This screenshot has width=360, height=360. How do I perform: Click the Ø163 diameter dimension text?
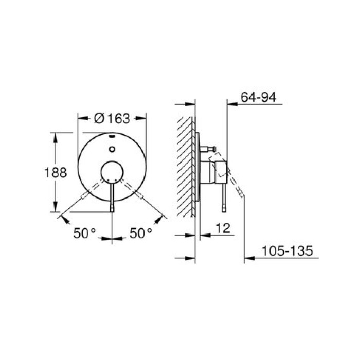click(112, 118)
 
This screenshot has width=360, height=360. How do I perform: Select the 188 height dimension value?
click(56, 173)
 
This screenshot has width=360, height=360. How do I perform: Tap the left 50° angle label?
click(84, 233)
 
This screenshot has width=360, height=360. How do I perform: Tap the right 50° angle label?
click(140, 233)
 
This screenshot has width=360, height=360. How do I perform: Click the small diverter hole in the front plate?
click(112, 149)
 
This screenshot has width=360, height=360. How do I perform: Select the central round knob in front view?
click(112, 172)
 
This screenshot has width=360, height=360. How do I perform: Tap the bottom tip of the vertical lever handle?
click(112, 208)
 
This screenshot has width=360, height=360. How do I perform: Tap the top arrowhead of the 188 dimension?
click(55, 135)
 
